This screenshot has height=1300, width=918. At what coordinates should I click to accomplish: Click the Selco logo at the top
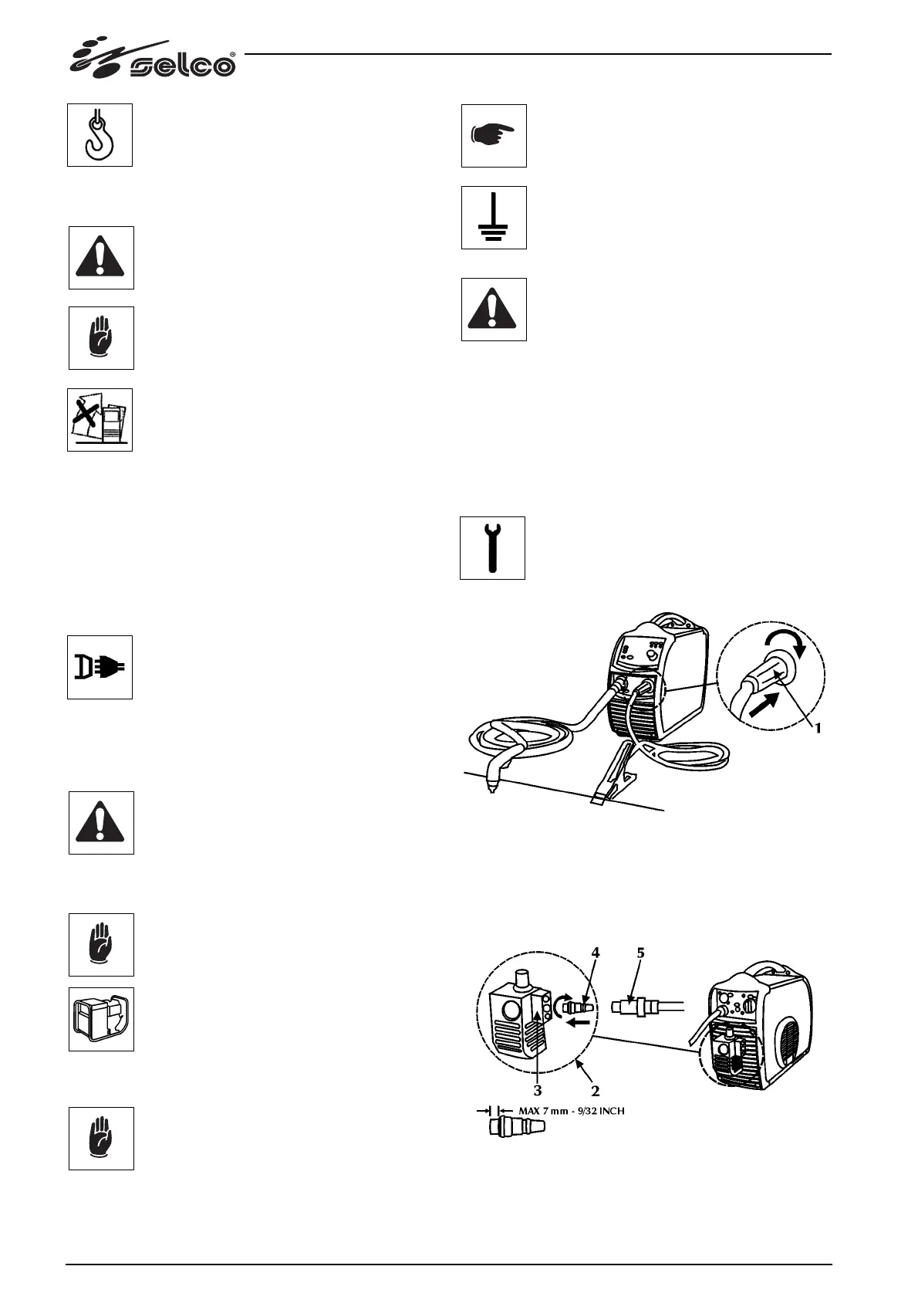click(x=154, y=59)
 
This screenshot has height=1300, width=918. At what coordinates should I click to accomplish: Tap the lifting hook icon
click(x=100, y=135)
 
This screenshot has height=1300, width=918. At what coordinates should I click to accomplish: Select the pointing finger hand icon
click(x=494, y=136)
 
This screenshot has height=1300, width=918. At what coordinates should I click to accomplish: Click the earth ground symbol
click(x=494, y=218)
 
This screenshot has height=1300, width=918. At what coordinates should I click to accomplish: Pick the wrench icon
click(x=492, y=548)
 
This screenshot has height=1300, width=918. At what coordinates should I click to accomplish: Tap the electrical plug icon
click(x=100, y=667)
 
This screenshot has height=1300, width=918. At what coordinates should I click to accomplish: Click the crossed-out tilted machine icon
click(x=100, y=420)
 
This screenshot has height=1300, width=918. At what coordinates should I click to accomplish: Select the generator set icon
click(x=101, y=1019)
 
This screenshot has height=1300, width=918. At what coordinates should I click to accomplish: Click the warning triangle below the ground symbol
click(x=494, y=310)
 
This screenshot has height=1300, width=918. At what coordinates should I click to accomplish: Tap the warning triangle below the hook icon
click(x=101, y=258)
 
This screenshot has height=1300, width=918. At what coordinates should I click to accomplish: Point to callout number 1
click(x=818, y=727)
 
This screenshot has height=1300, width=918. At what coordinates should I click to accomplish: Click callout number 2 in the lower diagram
click(x=596, y=1092)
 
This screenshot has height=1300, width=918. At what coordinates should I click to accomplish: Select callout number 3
click(x=538, y=1091)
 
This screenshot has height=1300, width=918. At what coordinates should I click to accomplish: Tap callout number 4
click(x=596, y=953)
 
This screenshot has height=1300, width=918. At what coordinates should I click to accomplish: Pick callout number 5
click(x=640, y=953)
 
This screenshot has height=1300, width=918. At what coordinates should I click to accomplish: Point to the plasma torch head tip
click(x=491, y=787)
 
